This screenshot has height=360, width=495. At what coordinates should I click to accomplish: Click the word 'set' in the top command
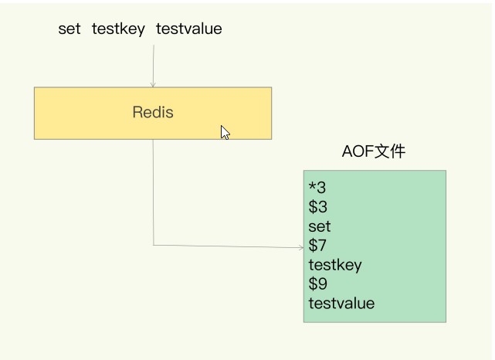tap(70, 29)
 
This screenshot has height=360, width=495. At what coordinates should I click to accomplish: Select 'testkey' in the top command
tap(118, 29)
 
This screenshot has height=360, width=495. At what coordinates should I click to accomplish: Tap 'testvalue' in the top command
tap(188, 29)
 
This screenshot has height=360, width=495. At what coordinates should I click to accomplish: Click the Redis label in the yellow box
tap(153, 112)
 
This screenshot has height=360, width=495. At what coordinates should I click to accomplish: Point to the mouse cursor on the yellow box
tap(225, 132)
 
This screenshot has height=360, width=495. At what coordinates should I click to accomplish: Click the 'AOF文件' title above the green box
tap(374, 151)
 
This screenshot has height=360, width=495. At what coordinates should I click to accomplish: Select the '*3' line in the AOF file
tap(317, 188)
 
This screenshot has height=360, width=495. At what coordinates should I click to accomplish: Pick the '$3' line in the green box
tap(318, 207)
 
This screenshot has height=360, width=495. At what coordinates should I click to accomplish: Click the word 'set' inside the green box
tap(320, 226)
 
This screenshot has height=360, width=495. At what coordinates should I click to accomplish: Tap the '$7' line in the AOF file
tap(317, 246)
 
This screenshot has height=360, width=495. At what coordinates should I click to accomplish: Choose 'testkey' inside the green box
tap(335, 265)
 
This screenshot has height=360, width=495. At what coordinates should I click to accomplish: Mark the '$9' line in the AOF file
tap(318, 284)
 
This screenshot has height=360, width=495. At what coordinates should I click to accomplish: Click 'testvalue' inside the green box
tap(341, 304)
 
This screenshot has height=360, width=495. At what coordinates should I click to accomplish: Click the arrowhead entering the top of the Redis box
tap(153, 85)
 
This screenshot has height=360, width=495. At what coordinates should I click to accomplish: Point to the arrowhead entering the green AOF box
tap(301, 247)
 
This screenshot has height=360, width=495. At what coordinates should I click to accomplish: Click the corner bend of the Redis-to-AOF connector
tap(154, 245)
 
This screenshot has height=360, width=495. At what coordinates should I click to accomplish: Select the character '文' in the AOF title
tap(382, 151)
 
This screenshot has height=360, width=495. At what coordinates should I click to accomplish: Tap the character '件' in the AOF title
tap(398, 151)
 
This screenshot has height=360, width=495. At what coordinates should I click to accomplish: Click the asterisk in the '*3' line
tap(312, 185)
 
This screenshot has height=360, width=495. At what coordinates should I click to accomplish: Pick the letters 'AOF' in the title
tap(358, 151)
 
